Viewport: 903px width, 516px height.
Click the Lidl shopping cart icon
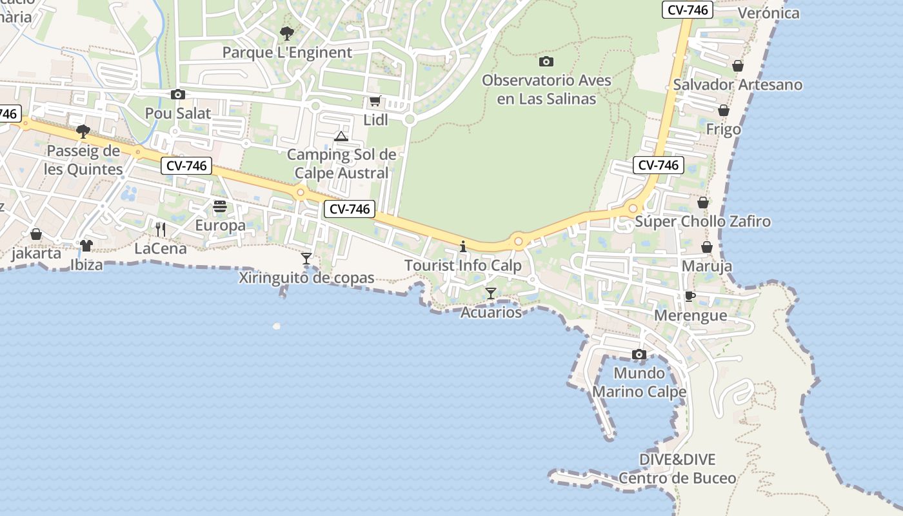coord(375,101)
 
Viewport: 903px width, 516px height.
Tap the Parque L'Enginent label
coord(287,52)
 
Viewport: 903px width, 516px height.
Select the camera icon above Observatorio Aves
coord(546,62)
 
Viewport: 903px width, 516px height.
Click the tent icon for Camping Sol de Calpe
coord(341,136)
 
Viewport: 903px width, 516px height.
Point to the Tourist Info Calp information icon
coord(462,246)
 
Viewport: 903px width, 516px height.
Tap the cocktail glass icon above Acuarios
coord(491,293)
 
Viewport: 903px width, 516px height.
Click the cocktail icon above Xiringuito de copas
coord(306,259)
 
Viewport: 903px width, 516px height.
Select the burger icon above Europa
coord(220,206)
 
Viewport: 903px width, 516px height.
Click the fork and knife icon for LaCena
coord(161,229)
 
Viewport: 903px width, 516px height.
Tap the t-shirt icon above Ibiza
coord(86,245)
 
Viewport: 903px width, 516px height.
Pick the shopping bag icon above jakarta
coord(36,233)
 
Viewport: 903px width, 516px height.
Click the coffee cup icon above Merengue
coord(690,296)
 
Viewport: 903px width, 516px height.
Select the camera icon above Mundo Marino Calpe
coord(639,354)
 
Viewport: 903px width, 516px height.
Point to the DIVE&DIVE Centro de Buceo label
coord(677,469)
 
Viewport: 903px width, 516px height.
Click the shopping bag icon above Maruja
coord(707,247)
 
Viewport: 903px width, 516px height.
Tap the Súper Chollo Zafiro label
coord(702,222)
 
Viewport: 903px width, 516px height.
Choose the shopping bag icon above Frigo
coord(724,110)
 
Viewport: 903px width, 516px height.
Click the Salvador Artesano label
coord(738,84)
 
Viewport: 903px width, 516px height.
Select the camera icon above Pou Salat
coord(178,94)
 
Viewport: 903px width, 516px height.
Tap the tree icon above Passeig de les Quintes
coord(83,132)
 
